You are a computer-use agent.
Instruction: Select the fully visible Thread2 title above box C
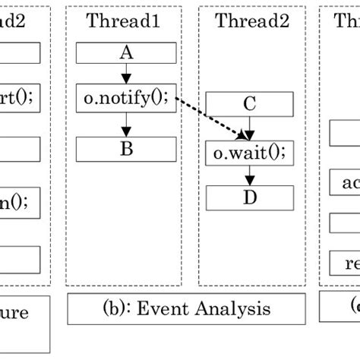tap(252, 21)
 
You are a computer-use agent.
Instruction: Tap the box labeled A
tap(126, 53)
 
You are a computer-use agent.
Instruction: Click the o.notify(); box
tap(126, 96)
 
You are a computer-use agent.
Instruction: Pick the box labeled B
tap(126, 148)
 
